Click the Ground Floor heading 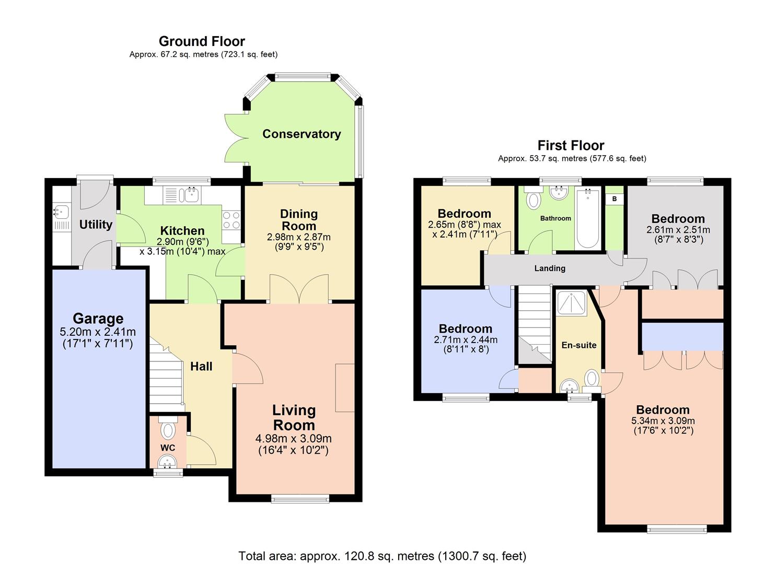[x=202, y=41]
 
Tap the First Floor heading [x=571, y=145]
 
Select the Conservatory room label [x=302, y=134]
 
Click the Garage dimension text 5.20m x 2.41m [x=98, y=332]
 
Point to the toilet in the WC [x=168, y=430]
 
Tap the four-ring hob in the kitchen [x=231, y=220]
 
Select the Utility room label [x=96, y=225]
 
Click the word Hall [x=201, y=367]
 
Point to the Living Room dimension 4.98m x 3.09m [x=293, y=439]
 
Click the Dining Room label [x=299, y=220]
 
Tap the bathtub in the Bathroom [x=588, y=219]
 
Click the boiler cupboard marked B [x=615, y=199]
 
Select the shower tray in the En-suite [x=571, y=303]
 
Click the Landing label [x=550, y=268]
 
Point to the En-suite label [x=578, y=345]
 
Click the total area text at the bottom [x=382, y=556]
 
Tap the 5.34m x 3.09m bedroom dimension [x=663, y=421]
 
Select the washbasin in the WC [x=168, y=461]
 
